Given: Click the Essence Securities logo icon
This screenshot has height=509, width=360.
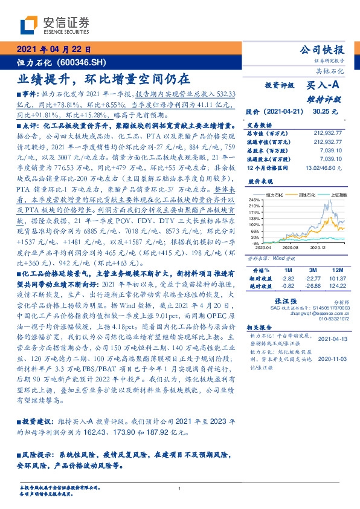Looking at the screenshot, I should click(30, 25).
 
